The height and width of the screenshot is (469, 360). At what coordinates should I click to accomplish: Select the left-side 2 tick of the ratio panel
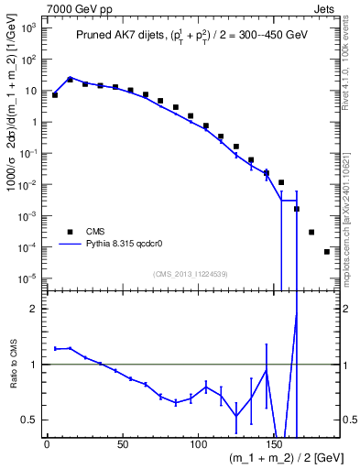pos(34,309)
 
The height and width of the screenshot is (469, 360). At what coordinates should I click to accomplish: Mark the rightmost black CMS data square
pos(327,251)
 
